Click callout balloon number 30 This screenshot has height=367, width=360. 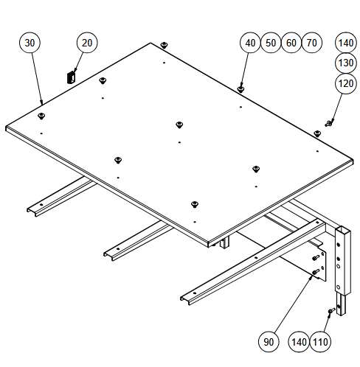pos(30,43)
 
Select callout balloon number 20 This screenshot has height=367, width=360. pos(87,43)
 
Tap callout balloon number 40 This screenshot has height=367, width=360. pos(250,43)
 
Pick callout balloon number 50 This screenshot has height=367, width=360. pos(271,43)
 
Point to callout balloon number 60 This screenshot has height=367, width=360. pos(291,43)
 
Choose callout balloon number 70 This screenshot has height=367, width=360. pos(311,43)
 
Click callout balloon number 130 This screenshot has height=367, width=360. pos(346,63)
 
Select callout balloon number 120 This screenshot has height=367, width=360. pos(346,83)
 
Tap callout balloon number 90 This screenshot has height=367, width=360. pos(269,342)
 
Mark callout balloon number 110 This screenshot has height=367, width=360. pos(320,342)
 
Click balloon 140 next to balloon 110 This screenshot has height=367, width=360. pos(299,342)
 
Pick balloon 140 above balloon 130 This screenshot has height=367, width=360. pos(346,43)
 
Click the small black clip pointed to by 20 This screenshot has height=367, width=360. pos(71,77)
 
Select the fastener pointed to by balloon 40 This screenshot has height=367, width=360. pos(240,89)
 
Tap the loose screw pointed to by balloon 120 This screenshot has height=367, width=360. pos(329,122)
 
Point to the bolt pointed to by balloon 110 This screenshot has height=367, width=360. pos(331,311)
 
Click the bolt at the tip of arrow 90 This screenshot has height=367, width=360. pos(316,272)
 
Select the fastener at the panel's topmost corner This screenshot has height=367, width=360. pos(164,45)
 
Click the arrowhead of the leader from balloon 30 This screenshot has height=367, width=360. pos(42,102)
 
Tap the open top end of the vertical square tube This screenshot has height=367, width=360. pos(343,230)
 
